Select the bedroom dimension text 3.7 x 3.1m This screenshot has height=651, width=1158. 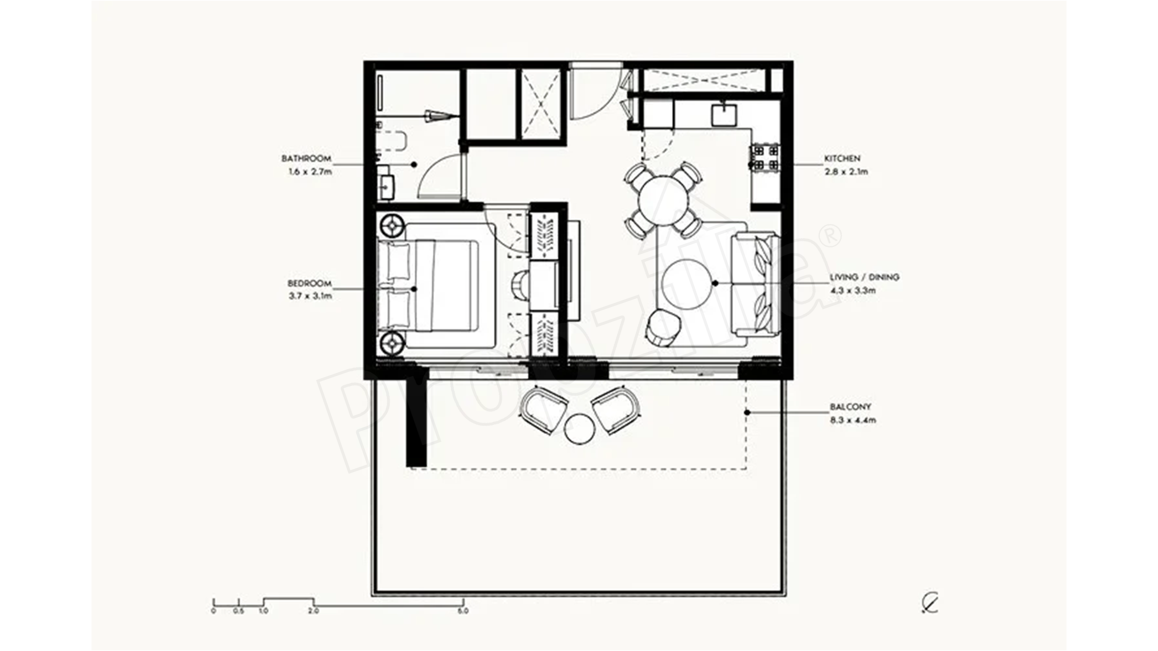click(310, 296)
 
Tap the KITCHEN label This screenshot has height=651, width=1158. click(842, 159)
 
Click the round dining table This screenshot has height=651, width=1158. click(664, 200)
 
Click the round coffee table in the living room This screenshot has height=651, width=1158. click(686, 284)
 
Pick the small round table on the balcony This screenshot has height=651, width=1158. click(579, 429)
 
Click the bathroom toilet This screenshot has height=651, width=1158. click(391, 141)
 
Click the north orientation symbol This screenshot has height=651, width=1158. click(929, 603)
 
